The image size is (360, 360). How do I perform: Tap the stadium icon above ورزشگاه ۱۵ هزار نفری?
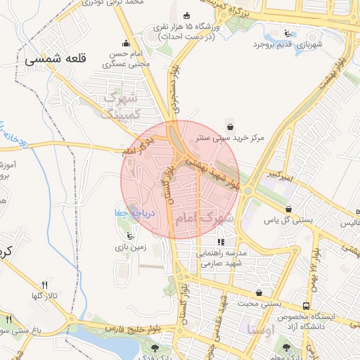pyautogui.click(x=186, y=16)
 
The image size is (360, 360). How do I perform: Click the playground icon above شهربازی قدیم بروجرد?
pyautogui.click(x=286, y=32)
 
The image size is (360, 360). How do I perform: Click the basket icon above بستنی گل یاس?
pyautogui.click(x=289, y=209)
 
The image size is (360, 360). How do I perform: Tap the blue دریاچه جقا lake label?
pyautogui.click(x=131, y=212)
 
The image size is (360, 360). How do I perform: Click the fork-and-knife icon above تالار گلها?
pyautogui.click(x=45, y=285)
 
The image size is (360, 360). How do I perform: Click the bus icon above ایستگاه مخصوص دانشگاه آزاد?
pyautogui.click(x=306, y=307)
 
